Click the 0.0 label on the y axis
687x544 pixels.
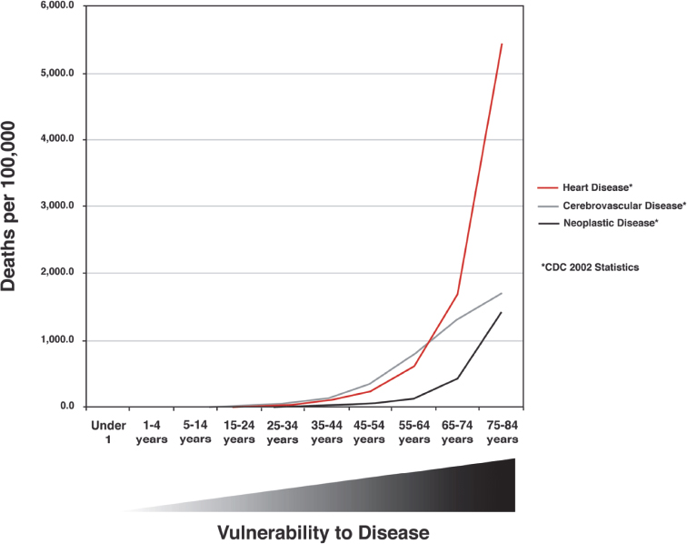point(65,407)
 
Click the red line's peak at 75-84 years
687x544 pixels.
point(502,44)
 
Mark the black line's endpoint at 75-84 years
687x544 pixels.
point(502,312)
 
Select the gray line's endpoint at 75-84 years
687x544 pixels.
point(502,293)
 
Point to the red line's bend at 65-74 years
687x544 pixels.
point(458,294)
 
